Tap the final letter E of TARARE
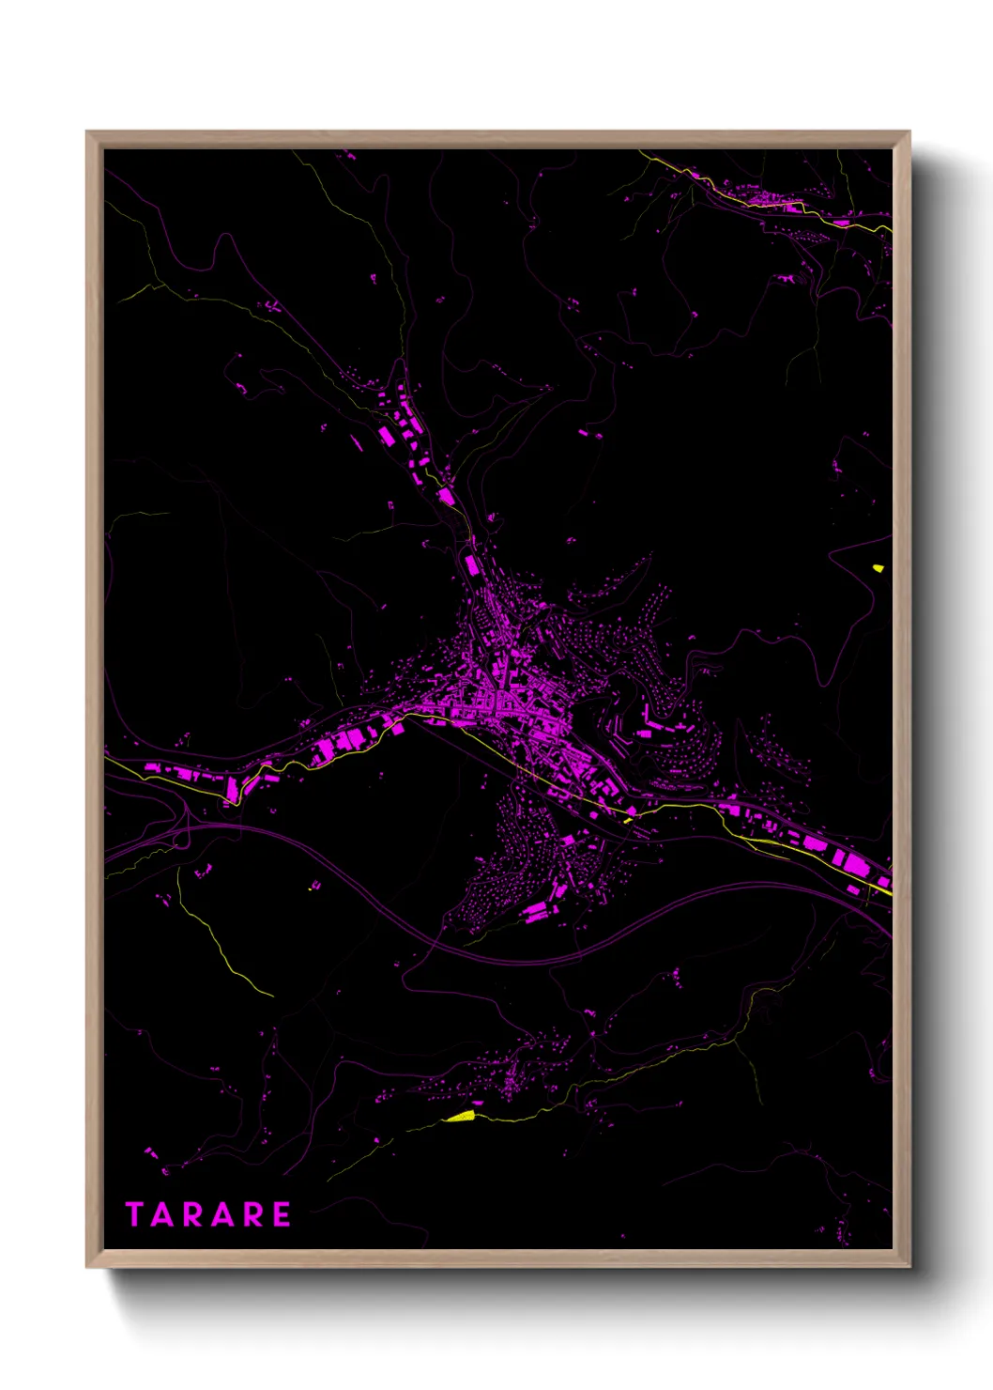point(282,1214)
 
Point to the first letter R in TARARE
point(192,1214)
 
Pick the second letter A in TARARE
point(222,1214)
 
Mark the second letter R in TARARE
point(252,1214)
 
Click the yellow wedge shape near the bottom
point(461,1116)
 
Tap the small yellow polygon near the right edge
point(878,567)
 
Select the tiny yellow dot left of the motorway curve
point(311,888)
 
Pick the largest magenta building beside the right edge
point(856,861)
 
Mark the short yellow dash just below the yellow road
point(627,821)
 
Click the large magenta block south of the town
point(537,910)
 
